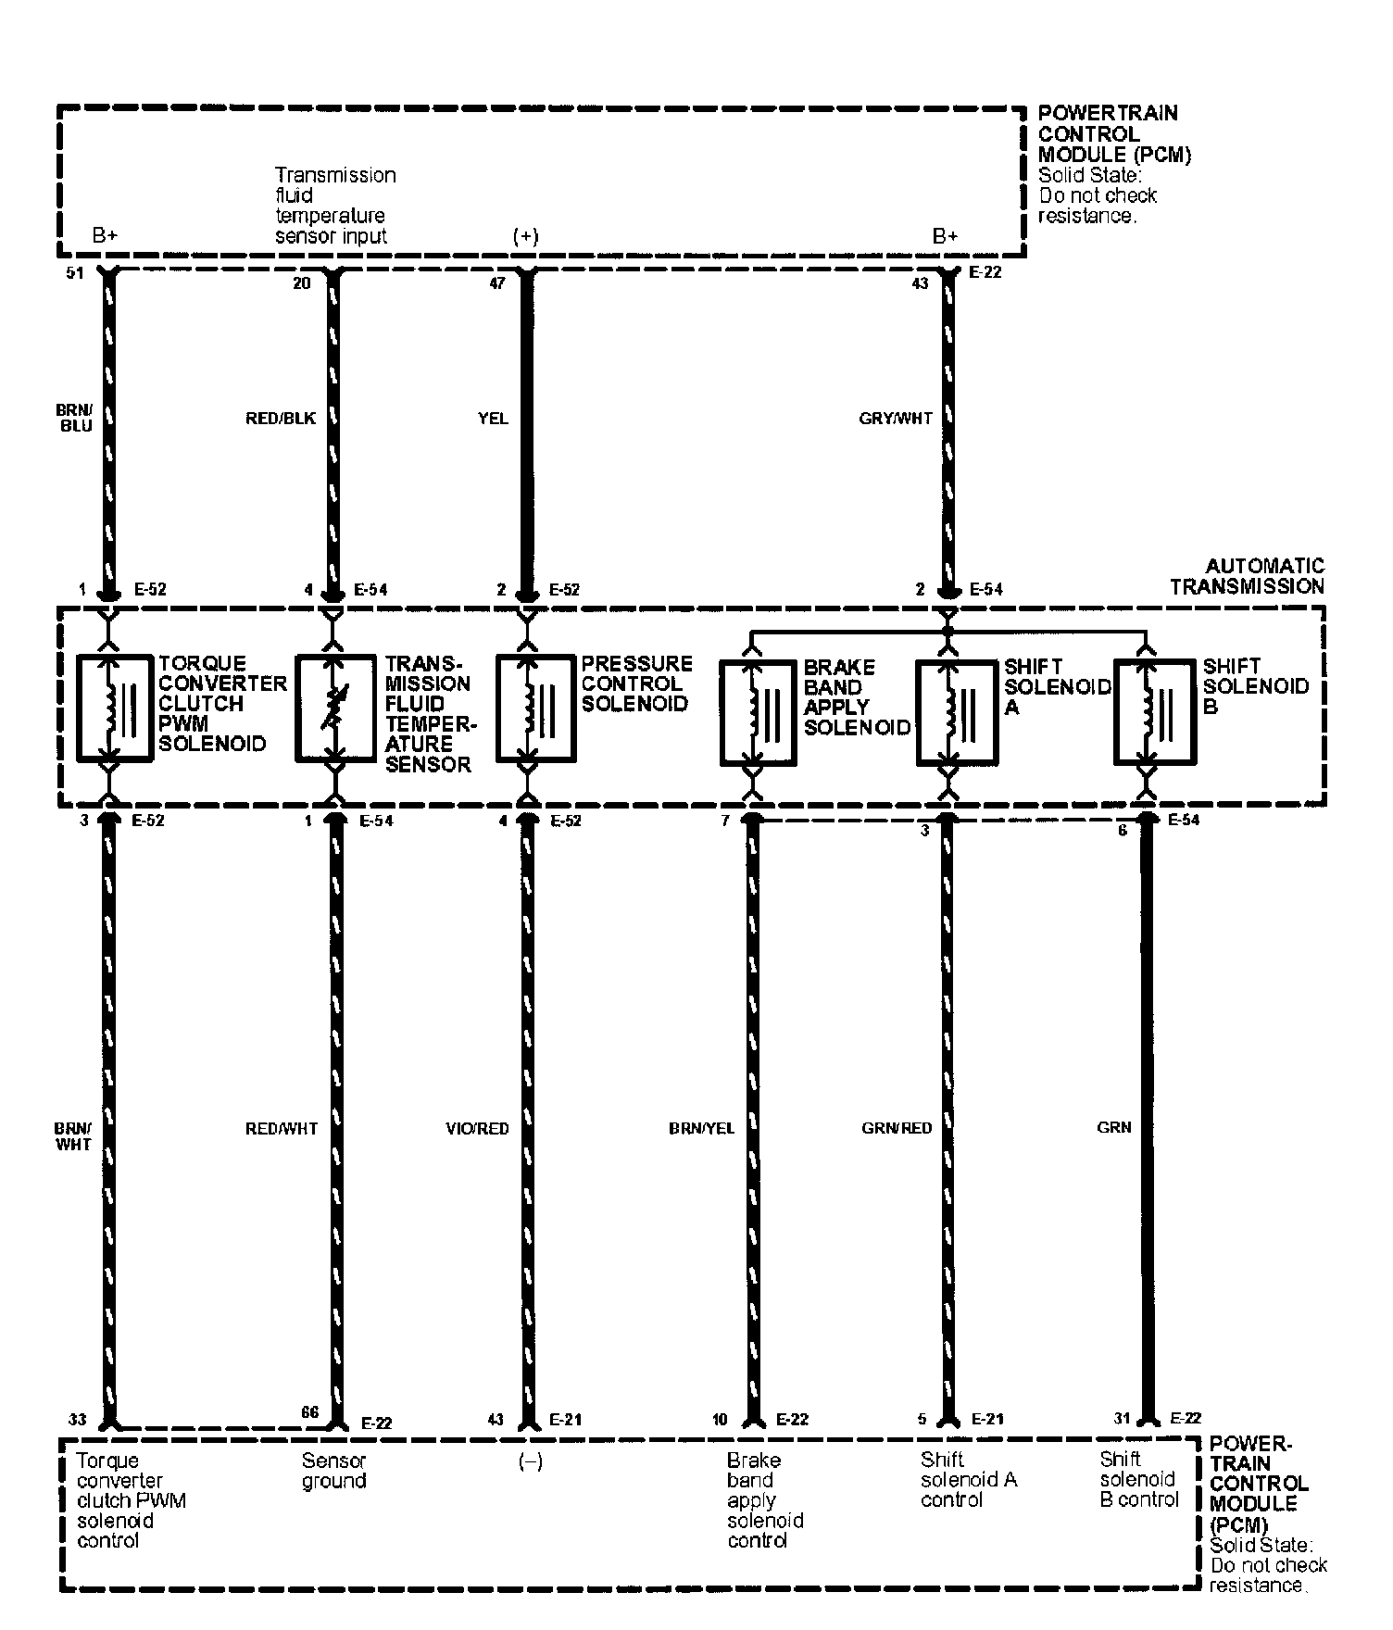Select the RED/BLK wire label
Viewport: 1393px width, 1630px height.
tap(280, 419)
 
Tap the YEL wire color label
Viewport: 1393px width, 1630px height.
tap(493, 419)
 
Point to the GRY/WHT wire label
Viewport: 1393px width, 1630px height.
tap(896, 419)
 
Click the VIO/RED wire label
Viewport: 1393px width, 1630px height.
tap(477, 1128)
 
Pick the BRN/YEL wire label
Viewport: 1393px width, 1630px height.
tap(701, 1128)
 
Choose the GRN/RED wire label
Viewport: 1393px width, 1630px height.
tap(897, 1128)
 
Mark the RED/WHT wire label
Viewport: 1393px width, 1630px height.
tap(282, 1128)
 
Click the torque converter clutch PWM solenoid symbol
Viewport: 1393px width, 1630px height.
tap(115, 708)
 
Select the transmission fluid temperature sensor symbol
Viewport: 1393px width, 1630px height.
tap(334, 708)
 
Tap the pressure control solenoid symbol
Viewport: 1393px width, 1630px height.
tap(535, 708)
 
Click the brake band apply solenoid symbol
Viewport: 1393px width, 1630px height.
tap(758, 712)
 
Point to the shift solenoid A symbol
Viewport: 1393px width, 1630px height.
tap(956, 712)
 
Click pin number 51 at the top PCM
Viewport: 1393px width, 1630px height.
tap(76, 273)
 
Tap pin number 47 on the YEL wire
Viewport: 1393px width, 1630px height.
tap(497, 283)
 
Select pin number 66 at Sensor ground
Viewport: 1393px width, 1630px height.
tap(309, 1412)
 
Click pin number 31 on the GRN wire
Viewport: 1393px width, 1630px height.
tap(1123, 1419)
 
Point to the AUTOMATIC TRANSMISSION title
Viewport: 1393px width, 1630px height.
tap(1247, 576)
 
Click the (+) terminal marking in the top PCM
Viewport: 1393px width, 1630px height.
tap(525, 236)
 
